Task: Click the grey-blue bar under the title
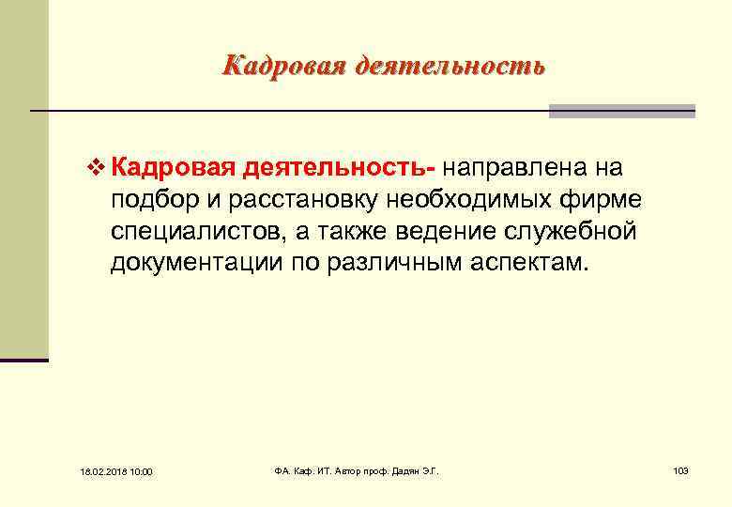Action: coord(621,111)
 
